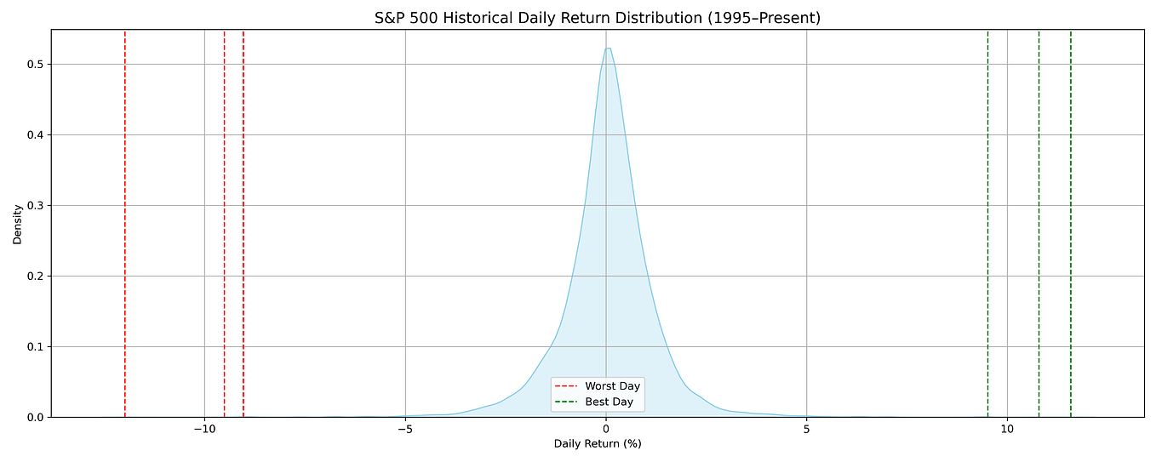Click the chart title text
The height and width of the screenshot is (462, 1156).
coord(597,18)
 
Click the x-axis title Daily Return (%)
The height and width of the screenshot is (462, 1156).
coord(597,444)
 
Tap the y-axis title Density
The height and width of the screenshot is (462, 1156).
coord(17,224)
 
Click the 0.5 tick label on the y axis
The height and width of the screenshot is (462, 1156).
coord(35,65)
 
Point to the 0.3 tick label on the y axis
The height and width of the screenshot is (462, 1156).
coord(35,206)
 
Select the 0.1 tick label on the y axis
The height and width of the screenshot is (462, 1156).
coord(35,347)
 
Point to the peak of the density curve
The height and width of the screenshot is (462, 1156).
coord(608,48)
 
